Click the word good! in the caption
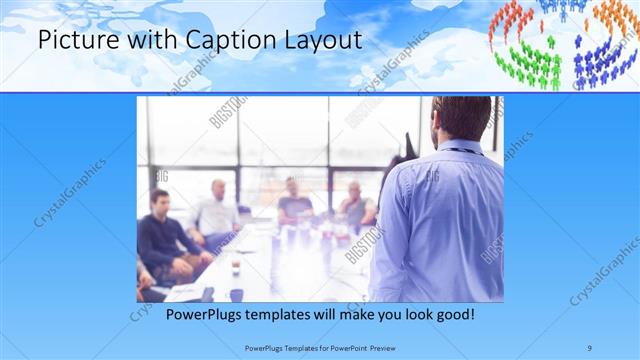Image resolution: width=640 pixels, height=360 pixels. [x=452, y=315]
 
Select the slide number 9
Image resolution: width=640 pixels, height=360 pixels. [x=590, y=347]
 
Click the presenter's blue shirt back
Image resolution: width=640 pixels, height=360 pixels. [x=445, y=220]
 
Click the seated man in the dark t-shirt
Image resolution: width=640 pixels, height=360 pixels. [x=294, y=200]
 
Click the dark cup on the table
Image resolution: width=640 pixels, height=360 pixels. [x=236, y=295]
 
